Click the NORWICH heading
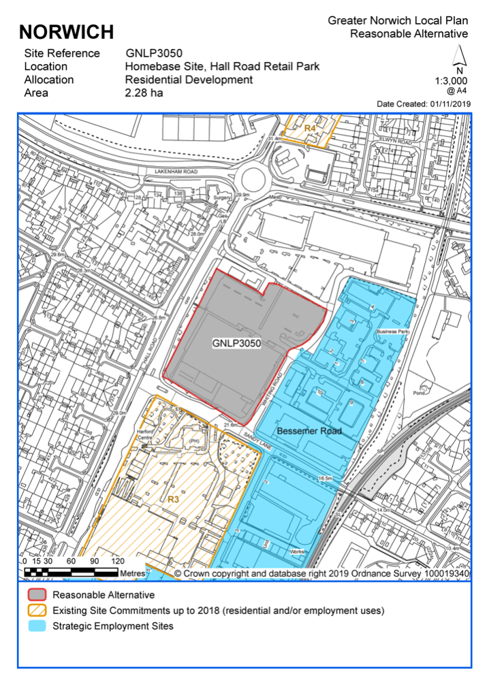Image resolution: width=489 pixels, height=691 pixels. click(x=66, y=31)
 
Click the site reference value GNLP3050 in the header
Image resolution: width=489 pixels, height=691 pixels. click(x=154, y=53)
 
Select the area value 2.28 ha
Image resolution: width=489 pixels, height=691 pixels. click(x=144, y=93)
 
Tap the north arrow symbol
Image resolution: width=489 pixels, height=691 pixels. click(x=460, y=57)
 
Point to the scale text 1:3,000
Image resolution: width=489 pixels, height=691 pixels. click(x=451, y=80)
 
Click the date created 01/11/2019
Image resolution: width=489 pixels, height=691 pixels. click(x=450, y=103)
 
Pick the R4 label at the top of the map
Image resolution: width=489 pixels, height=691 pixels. click(x=310, y=128)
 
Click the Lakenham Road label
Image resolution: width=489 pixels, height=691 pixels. click(x=175, y=172)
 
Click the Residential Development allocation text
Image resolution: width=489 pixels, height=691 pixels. click(x=189, y=80)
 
